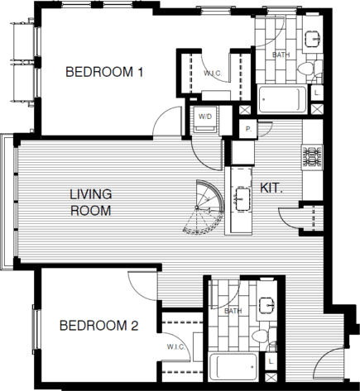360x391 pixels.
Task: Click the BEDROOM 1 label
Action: pyautogui.click(x=105, y=73)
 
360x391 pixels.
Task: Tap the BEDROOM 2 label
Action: pyautogui.click(x=98, y=326)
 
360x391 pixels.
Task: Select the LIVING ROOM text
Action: pyautogui.click(x=90, y=202)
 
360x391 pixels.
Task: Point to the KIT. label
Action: pyautogui.click(x=272, y=188)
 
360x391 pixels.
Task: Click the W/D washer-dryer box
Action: pyautogui.click(x=204, y=117)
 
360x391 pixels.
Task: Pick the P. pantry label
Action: pyautogui.click(x=247, y=130)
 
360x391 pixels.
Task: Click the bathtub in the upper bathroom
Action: pyautogui.click(x=281, y=99)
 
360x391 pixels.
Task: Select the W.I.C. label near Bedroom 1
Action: pyautogui.click(x=211, y=74)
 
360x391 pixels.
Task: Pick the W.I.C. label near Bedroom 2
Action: pyautogui.click(x=175, y=346)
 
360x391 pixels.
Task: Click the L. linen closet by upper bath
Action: pyautogui.click(x=318, y=93)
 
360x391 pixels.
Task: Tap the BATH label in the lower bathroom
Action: pyautogui.click(x=233, y=311)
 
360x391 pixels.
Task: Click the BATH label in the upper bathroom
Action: pyautogui.click(x=281, y=55)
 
